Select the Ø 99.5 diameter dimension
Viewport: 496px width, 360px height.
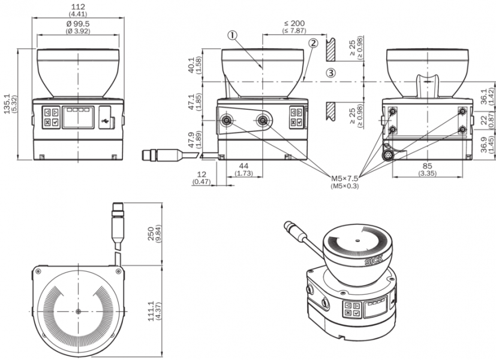point(77,24)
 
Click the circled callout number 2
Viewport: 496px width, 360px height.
point(313,43)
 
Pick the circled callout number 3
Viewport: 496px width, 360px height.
point(332,73)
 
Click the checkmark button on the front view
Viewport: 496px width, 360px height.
point(55,122)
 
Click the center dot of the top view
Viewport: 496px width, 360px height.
point(79,311)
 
